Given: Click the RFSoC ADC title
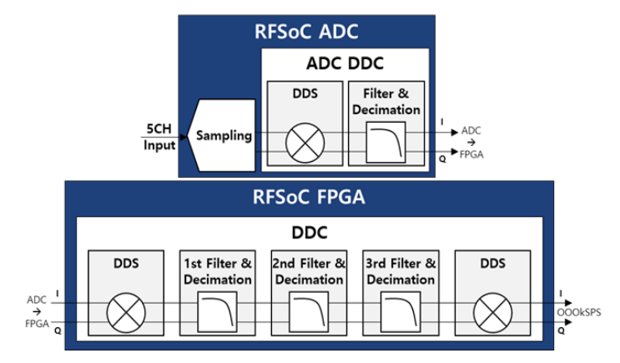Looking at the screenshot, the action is pos(306,32).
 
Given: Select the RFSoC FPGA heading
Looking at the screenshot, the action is pos(309,197).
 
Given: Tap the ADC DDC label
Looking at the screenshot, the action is pos(345,63).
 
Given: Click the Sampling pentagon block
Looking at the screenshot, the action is pos(221,135).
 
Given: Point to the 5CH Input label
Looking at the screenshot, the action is pos(159,137).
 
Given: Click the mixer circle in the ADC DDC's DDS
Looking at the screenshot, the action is pos(305,143).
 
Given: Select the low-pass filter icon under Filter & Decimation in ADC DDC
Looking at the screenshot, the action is pos(386,142).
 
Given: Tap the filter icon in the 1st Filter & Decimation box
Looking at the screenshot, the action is pos(218,312).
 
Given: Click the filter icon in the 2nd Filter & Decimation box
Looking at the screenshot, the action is pos(309,312).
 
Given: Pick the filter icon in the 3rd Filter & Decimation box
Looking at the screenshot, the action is pos(401,312).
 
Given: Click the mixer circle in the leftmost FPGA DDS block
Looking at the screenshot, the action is pos(126,313).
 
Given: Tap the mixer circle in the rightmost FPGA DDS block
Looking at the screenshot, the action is pos(492,313).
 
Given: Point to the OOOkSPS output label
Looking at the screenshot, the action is pos(579,312).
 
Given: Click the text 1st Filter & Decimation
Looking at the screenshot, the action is pos(218,271).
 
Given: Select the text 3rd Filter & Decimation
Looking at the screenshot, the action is pos(401,271).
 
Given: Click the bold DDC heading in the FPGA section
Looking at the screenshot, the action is pos(310,233).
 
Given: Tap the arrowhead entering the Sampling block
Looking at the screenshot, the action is pos(183,137).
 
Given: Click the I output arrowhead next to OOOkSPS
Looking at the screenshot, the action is pos(568,303).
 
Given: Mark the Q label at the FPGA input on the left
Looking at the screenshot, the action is pos(58,330).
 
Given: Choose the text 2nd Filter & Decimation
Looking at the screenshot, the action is pos(309,271).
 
